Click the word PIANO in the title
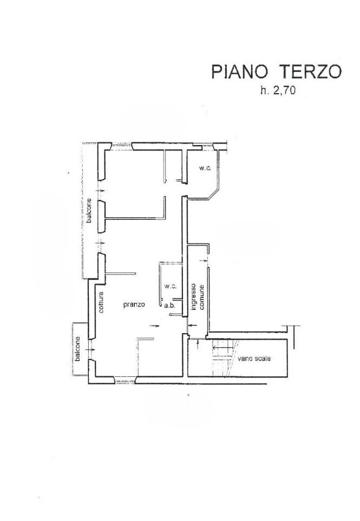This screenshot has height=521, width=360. click(240, 72)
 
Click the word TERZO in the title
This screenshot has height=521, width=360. click(310, 72)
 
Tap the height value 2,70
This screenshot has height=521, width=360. click(284, 90)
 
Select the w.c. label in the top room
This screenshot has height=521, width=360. click(205, 168)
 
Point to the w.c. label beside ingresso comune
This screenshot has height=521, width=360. click(170, 286)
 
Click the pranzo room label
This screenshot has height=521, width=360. click(134, 304)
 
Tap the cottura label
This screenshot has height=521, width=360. click(101, 302)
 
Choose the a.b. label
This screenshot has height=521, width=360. click(169, 305)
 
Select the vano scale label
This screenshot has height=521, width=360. click(254, 359)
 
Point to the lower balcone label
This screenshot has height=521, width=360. click(77, 349)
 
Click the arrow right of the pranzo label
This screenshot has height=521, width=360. click(155, 326)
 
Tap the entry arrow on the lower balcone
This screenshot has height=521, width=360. click(90, 349)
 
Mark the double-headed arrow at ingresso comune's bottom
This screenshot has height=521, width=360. click(193, 325)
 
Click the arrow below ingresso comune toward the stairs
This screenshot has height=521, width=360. click(198, 344)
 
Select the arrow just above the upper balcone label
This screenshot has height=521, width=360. click(100, 191)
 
